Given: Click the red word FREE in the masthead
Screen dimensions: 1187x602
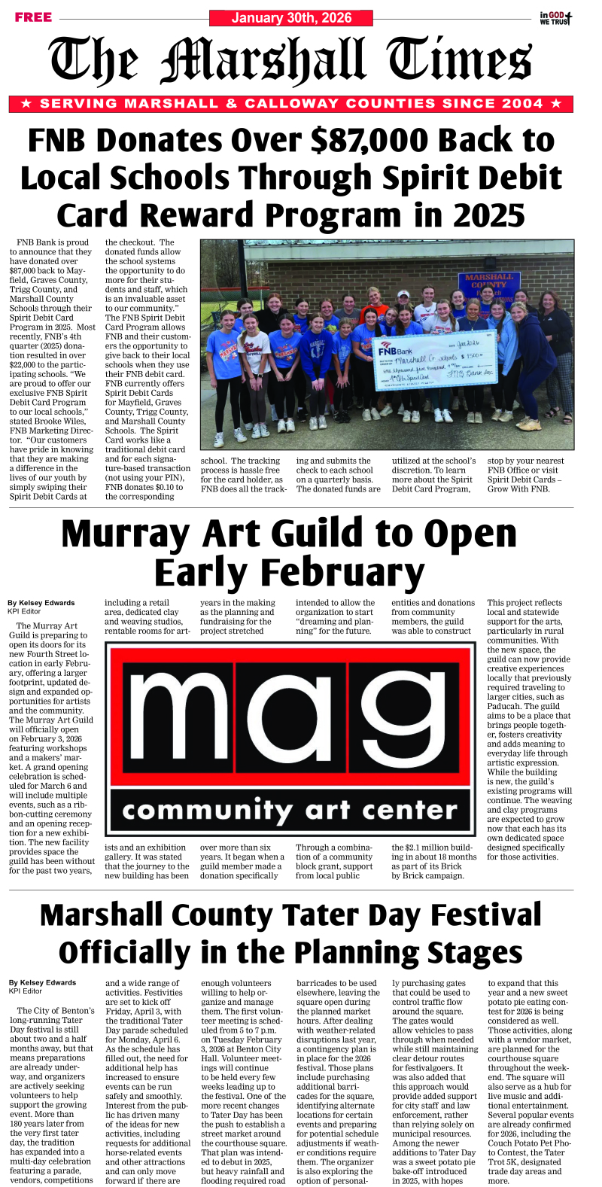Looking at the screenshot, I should point(33,17).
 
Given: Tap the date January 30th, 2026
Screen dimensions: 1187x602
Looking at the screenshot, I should point(291,18).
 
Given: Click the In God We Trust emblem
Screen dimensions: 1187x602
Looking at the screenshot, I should point(555,18).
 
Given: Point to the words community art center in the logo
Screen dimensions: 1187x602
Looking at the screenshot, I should point(290,811).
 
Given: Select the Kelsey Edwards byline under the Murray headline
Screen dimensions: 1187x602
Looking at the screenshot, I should point(41,603).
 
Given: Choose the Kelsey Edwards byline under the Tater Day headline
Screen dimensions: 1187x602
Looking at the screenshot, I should point(42,983).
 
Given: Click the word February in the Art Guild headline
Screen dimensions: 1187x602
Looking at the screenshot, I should point(290,573).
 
